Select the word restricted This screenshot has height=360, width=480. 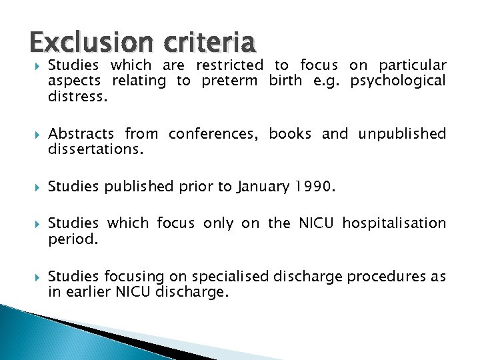[x=229, y=65]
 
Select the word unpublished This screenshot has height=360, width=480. [x=402, y=133]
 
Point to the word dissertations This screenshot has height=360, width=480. [x=95, y=149]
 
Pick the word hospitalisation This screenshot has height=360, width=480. [x=394, y=223]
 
